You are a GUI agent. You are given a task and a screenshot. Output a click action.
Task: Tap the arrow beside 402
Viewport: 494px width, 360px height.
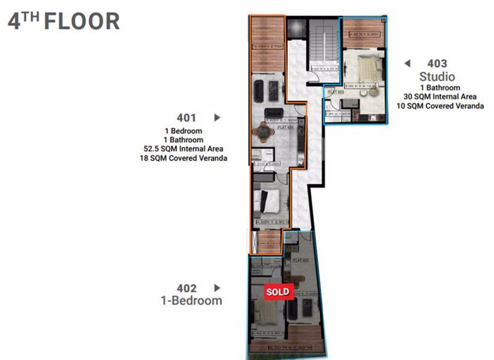click(217, 288)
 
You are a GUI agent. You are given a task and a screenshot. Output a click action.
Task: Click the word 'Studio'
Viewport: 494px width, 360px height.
click(437, 76)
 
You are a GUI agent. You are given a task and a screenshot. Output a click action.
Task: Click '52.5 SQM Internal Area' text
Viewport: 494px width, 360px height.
click(184, 149)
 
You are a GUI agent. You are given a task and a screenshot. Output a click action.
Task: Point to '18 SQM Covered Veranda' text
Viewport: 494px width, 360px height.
click(184, 159)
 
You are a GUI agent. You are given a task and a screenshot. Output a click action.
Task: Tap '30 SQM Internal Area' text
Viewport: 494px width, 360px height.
click(440, 97)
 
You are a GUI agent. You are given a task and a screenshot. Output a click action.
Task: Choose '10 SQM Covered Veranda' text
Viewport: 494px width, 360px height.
click(440, 106)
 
